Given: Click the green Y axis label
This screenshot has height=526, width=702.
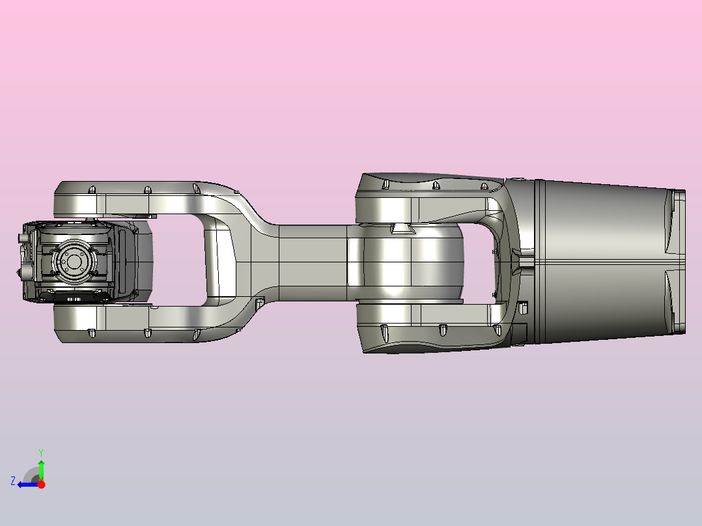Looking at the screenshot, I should pos(40,451).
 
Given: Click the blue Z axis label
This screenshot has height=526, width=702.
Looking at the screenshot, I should pos(13,481).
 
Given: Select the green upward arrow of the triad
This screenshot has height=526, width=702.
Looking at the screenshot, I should pos(41,467).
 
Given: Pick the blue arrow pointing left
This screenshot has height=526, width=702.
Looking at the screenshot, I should pos(26,484).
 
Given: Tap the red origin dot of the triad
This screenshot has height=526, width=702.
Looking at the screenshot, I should pos(41,484).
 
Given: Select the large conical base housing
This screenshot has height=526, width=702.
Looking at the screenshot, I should pos(599,260).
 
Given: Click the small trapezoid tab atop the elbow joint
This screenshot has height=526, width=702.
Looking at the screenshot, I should pos(402,228).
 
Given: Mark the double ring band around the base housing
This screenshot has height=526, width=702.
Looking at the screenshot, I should pos(537,260).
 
